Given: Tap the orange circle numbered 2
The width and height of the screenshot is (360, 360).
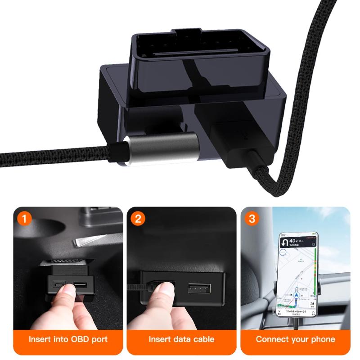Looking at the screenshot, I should (137, 219).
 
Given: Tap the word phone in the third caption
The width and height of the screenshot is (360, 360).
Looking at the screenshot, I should (321, 339).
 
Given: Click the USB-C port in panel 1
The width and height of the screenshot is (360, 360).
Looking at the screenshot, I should (59, 285).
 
